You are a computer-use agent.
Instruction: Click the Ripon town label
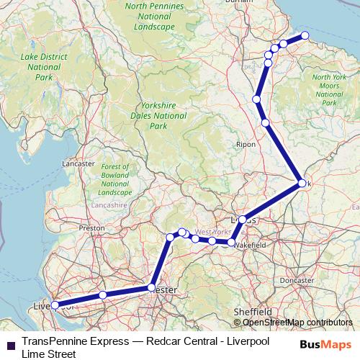point(246,144)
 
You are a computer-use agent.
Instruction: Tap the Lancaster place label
point(79,163)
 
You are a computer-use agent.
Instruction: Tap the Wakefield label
point(250,246)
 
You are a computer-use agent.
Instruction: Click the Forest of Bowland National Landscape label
point(115,180)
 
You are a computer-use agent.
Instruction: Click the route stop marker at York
point(302,184)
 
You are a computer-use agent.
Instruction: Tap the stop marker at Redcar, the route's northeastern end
point(305,35)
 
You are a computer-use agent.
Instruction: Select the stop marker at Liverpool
point(55,305)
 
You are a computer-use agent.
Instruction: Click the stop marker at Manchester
point(152,287)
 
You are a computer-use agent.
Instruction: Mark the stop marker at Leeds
point(243,219)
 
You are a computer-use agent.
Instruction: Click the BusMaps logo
point(325,344)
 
